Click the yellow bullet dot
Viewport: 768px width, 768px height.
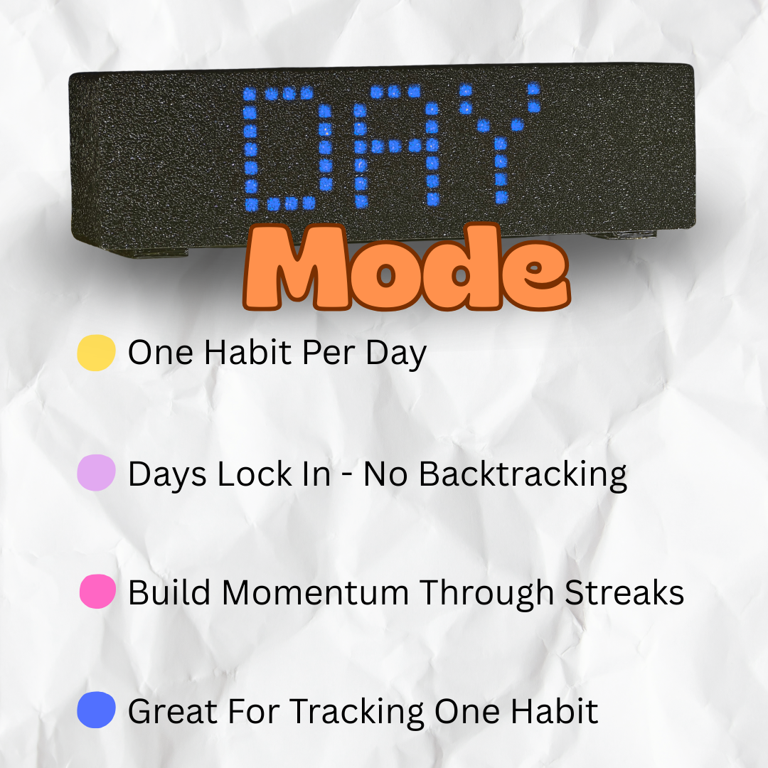coord(96,353)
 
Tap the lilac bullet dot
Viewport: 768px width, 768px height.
coord(96,473)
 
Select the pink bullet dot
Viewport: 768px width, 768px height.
coord(97,592)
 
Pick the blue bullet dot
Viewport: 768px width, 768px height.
coord(96,710)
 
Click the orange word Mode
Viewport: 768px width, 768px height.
coord(407,267)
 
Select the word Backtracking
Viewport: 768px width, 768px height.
coord(523,474)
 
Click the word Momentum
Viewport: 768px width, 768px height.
coord(315,592)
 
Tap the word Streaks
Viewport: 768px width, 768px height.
coord(624,592)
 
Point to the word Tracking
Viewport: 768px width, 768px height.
coord(357,712)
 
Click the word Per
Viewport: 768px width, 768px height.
coord(328,353)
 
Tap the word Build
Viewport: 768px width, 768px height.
coord(169,592)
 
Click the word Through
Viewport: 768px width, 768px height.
coord(486,594)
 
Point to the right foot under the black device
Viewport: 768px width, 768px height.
coord(622,235)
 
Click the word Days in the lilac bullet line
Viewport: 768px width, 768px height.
coord(167,474)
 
